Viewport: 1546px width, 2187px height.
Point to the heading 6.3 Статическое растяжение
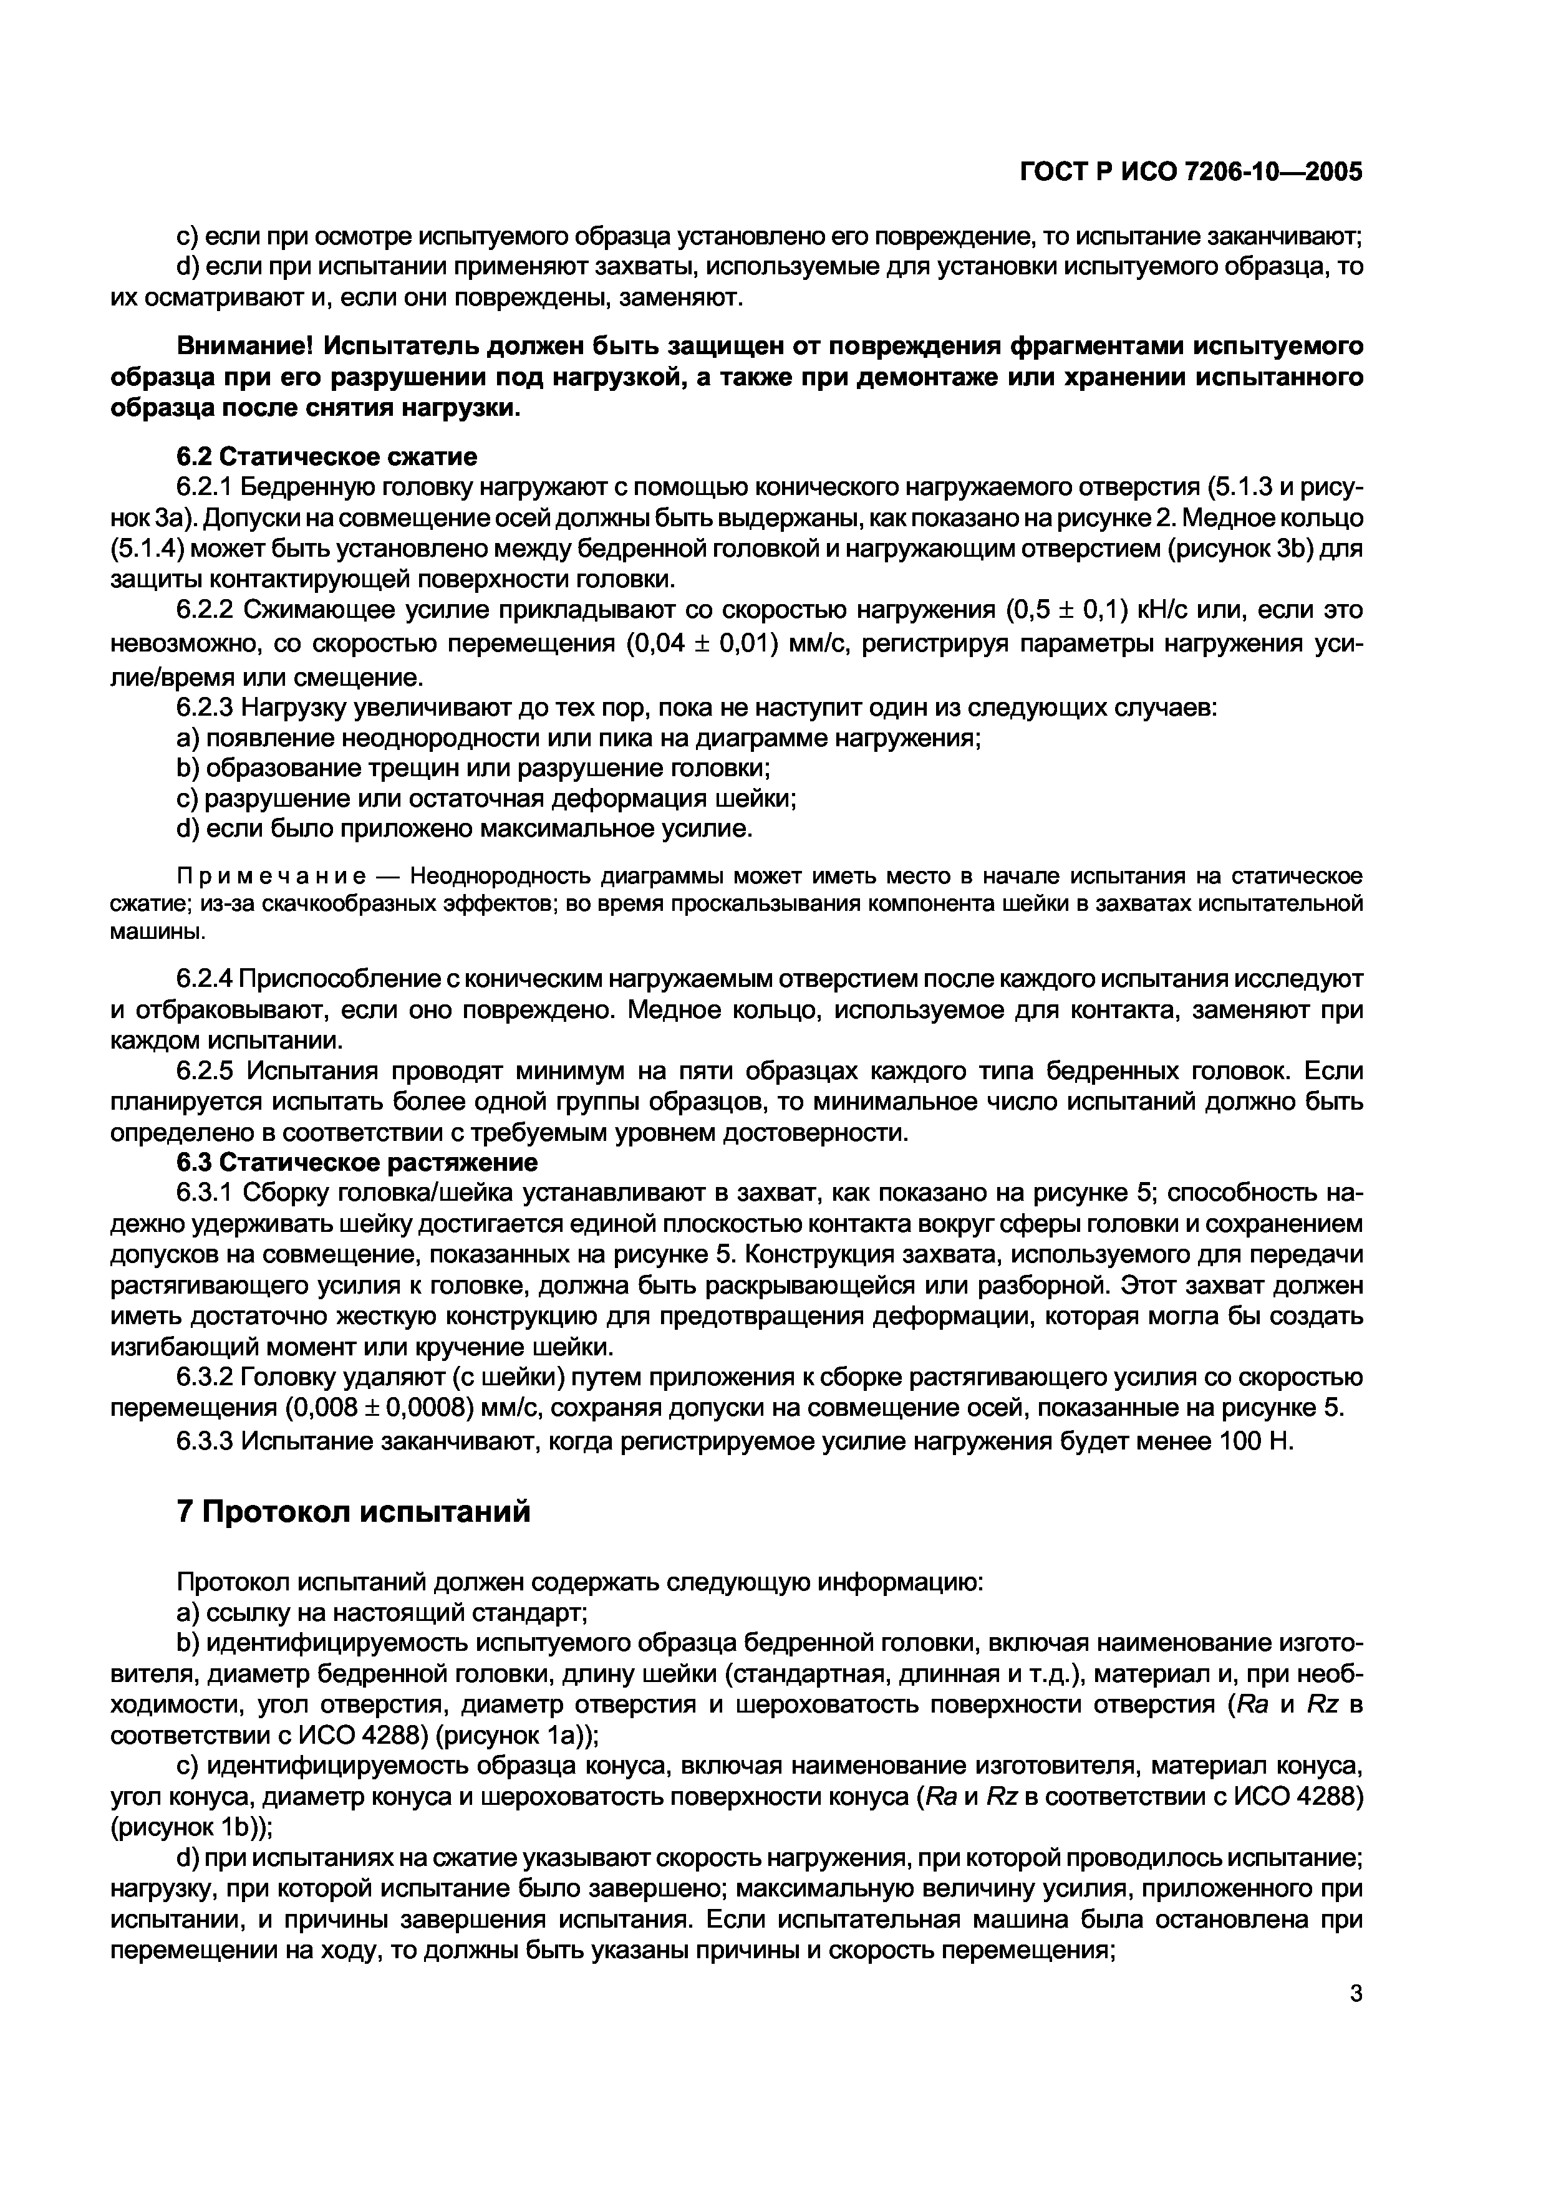357,1163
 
